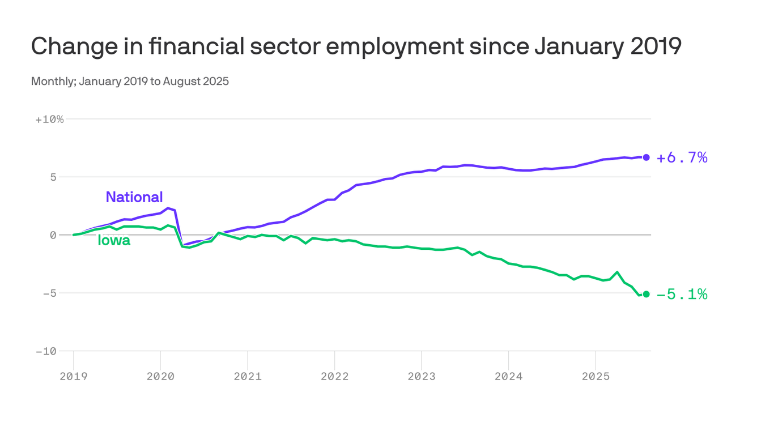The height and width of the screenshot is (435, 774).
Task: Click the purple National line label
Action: coord(134,197)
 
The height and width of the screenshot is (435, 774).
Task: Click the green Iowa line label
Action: coord(114,241)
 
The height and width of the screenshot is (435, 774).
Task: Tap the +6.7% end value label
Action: coord(682,158)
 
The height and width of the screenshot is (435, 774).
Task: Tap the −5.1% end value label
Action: coord(682,295)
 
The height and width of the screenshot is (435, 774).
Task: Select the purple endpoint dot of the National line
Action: coord(646,157)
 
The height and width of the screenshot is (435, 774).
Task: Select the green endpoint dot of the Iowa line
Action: coord(646,294)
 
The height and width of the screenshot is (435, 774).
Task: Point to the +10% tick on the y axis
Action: coord(49,120)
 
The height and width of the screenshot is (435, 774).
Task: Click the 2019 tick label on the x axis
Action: coord(74,376)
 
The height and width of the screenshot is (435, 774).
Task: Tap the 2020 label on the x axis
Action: coord(160,376)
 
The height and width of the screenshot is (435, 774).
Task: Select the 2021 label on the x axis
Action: coord(248,376)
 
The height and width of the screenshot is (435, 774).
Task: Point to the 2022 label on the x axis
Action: coord(334,376)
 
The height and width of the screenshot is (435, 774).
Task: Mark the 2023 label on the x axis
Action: coord(422,376)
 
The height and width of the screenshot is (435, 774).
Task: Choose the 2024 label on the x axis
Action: coord(508,376)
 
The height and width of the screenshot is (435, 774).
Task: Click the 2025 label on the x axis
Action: coord(596,376)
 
